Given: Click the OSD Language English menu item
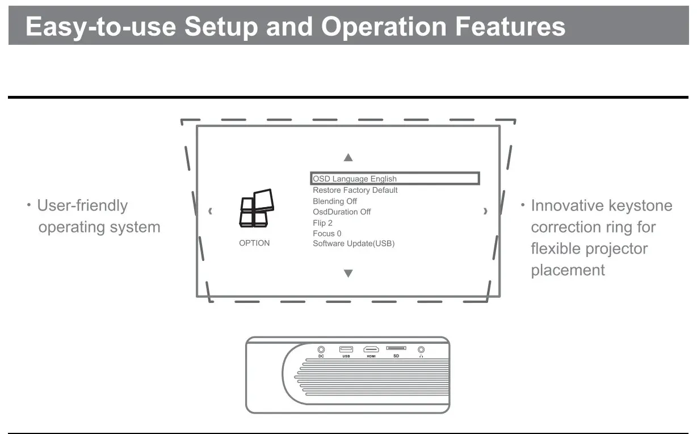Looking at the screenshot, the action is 354,179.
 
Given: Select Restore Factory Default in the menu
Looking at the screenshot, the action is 355,190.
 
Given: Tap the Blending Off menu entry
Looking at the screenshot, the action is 335,201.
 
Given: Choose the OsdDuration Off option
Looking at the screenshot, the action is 342,212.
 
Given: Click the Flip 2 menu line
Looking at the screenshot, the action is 322,223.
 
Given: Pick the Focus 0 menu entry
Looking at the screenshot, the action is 327,233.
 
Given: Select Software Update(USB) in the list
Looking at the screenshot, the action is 354,243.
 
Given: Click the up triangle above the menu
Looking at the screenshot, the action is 348,158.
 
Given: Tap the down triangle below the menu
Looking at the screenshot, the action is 348,273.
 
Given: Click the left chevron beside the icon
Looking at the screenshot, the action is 211,211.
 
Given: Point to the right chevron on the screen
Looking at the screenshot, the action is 485,211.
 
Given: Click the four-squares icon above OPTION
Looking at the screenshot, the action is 257,208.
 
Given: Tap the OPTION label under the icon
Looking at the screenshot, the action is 254,243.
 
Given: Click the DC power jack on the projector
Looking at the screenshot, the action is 321,349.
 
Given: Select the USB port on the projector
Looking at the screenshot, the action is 346,349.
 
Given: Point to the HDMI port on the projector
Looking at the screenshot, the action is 371,349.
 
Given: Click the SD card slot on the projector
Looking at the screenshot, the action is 396,348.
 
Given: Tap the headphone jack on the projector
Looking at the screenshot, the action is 421,349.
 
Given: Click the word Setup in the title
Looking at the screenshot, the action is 221,27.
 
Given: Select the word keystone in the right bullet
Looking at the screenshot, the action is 640,205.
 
